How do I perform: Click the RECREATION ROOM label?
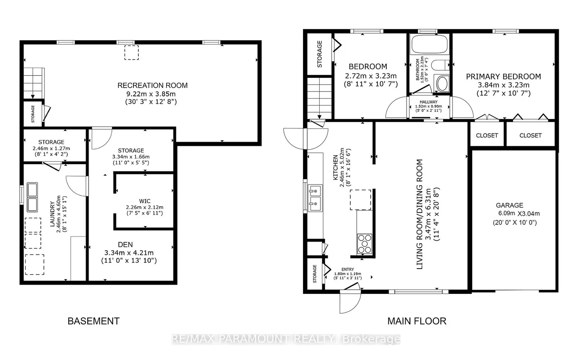pyautogui.click(x=153, y=86)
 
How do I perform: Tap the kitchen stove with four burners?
pyautogui.click(x=365, y=244)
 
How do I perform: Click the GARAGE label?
pyautogui.click(x=509, y=205)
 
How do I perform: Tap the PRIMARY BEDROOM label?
pyautogui.click(x=503, y=76)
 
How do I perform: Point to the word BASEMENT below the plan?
pyautogui.click(x=94, y=321)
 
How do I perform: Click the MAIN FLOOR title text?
pyautogui.click(x=417, y=321)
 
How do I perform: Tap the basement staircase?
pyautogui.click(x=32, y=82)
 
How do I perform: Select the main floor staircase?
pyautogui.click(x=319, y=98)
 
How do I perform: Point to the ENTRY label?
pyautogui.click(x=347, y=270)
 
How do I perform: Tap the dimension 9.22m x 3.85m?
pyautogui.click(x=153, y=94)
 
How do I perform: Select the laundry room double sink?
pyautogui.click(x=32, y=197)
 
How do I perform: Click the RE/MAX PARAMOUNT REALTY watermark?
pyautogui.click(x=286, y=339)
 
